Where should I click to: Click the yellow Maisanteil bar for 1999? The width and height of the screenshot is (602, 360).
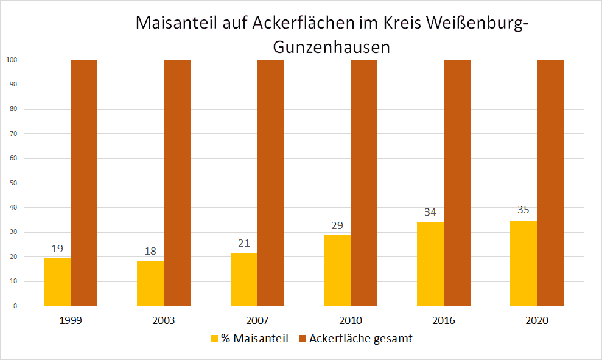(x=57, y=281)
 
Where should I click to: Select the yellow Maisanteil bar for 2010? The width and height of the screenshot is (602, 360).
(x=337, y=270)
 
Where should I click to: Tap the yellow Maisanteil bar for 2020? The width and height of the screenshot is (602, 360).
(x=523, y=263)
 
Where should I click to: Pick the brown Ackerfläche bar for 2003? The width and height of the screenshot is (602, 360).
(x=177, y=183)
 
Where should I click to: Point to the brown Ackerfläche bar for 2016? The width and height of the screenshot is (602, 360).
(x=457, y=183)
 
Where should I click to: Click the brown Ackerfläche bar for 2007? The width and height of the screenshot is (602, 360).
(x=270, y=183)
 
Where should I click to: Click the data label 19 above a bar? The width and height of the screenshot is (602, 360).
(x=57, y=249)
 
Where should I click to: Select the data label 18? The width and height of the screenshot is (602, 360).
(x=150, y=251)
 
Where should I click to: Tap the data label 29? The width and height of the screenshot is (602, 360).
(x=337, y=225)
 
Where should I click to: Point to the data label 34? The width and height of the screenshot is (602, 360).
(x=430, y=213)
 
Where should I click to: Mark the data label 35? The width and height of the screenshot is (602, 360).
(x=523, y=210)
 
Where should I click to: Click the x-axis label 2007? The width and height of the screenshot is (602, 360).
(x=257, y=320)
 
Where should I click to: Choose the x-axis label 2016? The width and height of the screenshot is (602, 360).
(x=444, y=320)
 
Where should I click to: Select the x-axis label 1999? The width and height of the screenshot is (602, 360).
(x=71, y=320)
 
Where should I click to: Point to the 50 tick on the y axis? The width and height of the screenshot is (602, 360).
(x=12, y=183)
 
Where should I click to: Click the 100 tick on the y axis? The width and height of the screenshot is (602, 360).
(x=11, y=60)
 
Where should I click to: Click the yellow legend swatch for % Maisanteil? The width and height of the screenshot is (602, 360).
(x=214, y=339)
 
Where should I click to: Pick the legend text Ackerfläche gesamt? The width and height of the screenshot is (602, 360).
(x=360, y=339)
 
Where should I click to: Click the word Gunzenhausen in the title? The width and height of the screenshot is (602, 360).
(x=331, y=47)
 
